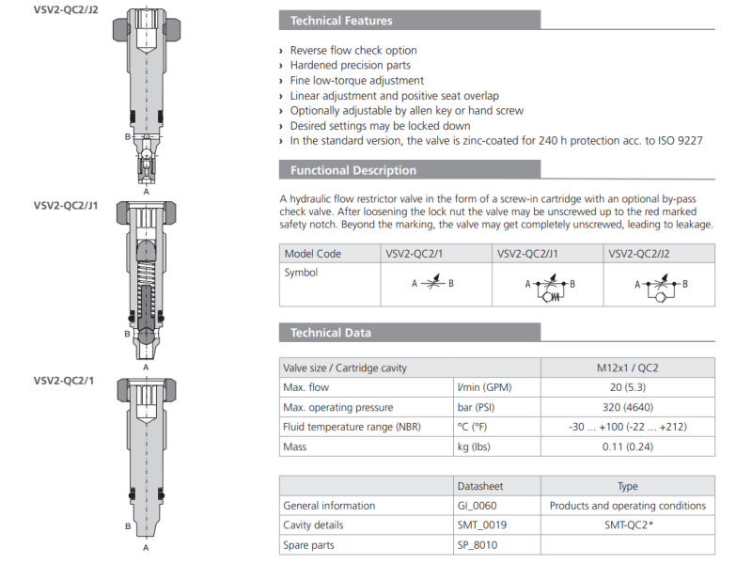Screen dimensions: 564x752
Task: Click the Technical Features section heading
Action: pyautogui.click(x=341, y=21)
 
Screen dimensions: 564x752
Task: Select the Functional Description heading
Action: pyautogui.click(x=352, y=170)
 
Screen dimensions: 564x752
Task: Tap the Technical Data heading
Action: pyautogui.click(x=330, y=333)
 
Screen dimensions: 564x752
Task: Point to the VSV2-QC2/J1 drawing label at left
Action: pyautogui.click(x=66, y=204)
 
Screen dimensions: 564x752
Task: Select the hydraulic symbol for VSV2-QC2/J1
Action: pyautogui.click(x=547, y=288)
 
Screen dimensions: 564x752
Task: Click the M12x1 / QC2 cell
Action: pyautogui.click(x=627, y=368)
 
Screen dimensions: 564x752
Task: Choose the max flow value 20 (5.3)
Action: pyautogui.click(x=627, y=387)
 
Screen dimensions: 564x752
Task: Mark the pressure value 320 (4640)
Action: pyautogui.click(x=627, y=407)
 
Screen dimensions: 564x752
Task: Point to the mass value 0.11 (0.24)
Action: pyautogui.click(x=627, y=446)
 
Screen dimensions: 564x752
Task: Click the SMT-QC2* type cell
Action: pyautogui.click(x=627, y=525)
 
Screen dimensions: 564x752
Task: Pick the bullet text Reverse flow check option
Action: pyautogui.click(x=353, y=51)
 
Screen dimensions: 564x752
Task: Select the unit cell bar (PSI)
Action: pyautogui.click(x=479, y=407)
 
